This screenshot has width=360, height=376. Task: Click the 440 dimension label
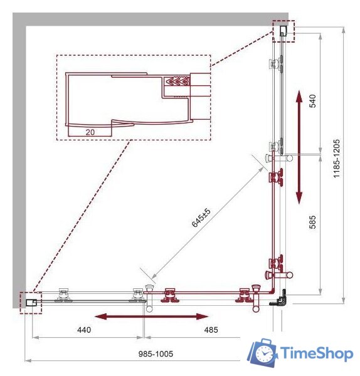(84, 330)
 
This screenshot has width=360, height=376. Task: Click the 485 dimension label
(211, 330)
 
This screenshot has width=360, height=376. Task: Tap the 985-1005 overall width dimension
(156, 353)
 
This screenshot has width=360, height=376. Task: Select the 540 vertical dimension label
(312, 101)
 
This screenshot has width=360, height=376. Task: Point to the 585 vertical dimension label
(312, 222)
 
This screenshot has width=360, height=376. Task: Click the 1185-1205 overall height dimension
(336, 159)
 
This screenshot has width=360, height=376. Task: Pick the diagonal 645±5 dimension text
(201, 217)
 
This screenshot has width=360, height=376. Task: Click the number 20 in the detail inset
(90, 132)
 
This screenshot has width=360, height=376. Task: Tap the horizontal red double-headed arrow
(152, 316)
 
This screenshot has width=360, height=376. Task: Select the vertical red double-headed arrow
(299, 147)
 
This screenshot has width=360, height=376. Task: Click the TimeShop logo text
(317, 353)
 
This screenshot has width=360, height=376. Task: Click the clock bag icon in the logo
(262, 352)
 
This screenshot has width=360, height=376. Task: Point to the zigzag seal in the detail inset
(177, 81)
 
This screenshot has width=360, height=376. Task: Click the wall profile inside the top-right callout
(283, 31)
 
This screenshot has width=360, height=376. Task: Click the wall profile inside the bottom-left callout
(31, 303)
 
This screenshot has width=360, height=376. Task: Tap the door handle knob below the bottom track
(256, 309)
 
